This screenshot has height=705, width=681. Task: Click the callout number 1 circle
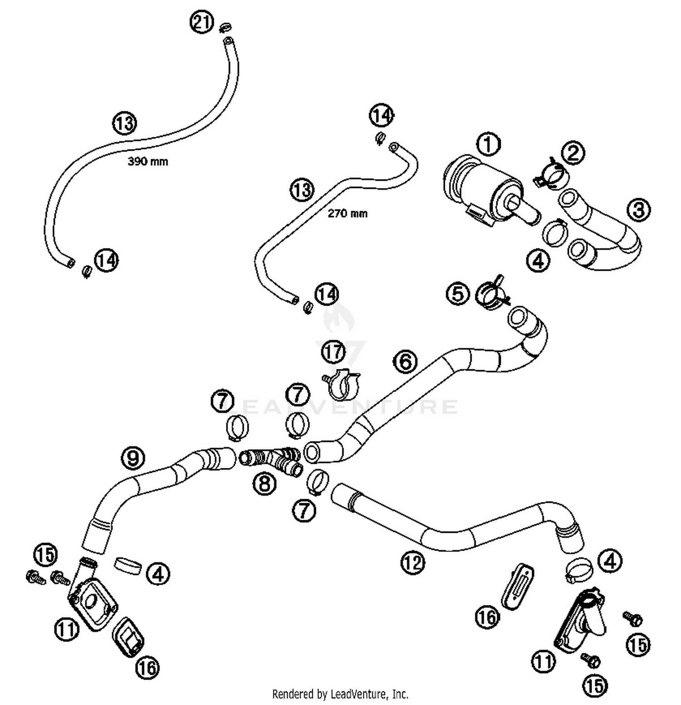pyautogui.click(x=488, y=144)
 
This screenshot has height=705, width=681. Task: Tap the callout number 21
pyautogui.click(x=202, y=22)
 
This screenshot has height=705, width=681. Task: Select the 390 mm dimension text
pyautogui.click(x=148, y=161)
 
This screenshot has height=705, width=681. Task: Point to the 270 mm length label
pyautogui.click(x=347, y=213)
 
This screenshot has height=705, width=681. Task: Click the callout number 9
pyautogui.click(x=133, y=457)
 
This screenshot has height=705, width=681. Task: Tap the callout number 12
pyautogui.click(x=412, y=562)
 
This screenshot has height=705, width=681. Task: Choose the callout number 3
pyautogui.click(x=638, y=210)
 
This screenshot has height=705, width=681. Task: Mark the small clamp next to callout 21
pyautogui.click(x=224, y=28)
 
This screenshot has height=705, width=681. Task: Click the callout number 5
pyautogui.click(x=458, y=293)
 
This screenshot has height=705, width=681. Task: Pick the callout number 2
pyautogui.click(x=573, y=152)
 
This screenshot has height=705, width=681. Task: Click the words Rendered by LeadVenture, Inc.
pyautogui.click(x=340, y=694)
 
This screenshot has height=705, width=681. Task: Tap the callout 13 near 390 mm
pyautogui.click(x=124, y=123)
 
